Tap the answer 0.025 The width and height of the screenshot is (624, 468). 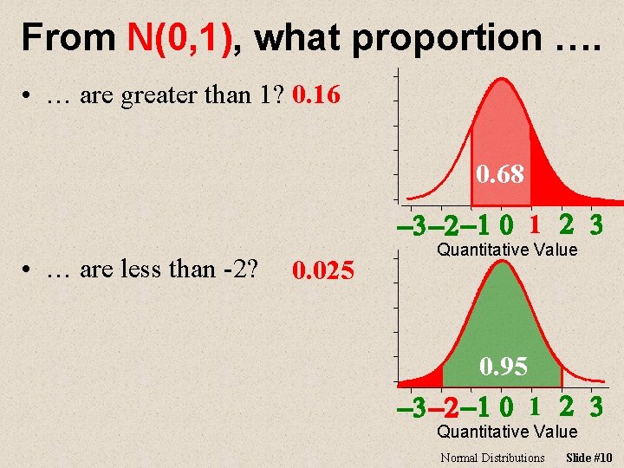point(322,272)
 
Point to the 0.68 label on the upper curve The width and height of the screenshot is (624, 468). point(500,174)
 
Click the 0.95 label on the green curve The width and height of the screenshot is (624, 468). point(504,367)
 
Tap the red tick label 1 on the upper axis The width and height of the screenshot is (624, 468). point(536,225)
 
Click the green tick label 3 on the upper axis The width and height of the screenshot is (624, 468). point(595,225)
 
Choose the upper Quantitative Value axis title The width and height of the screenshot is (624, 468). point(507,250)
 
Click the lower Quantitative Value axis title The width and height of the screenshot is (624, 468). point(507,432)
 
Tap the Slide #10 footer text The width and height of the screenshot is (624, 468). point(588,458)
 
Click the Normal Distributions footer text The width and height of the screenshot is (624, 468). point(492,458)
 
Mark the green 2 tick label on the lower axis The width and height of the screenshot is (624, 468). point(566,406)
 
